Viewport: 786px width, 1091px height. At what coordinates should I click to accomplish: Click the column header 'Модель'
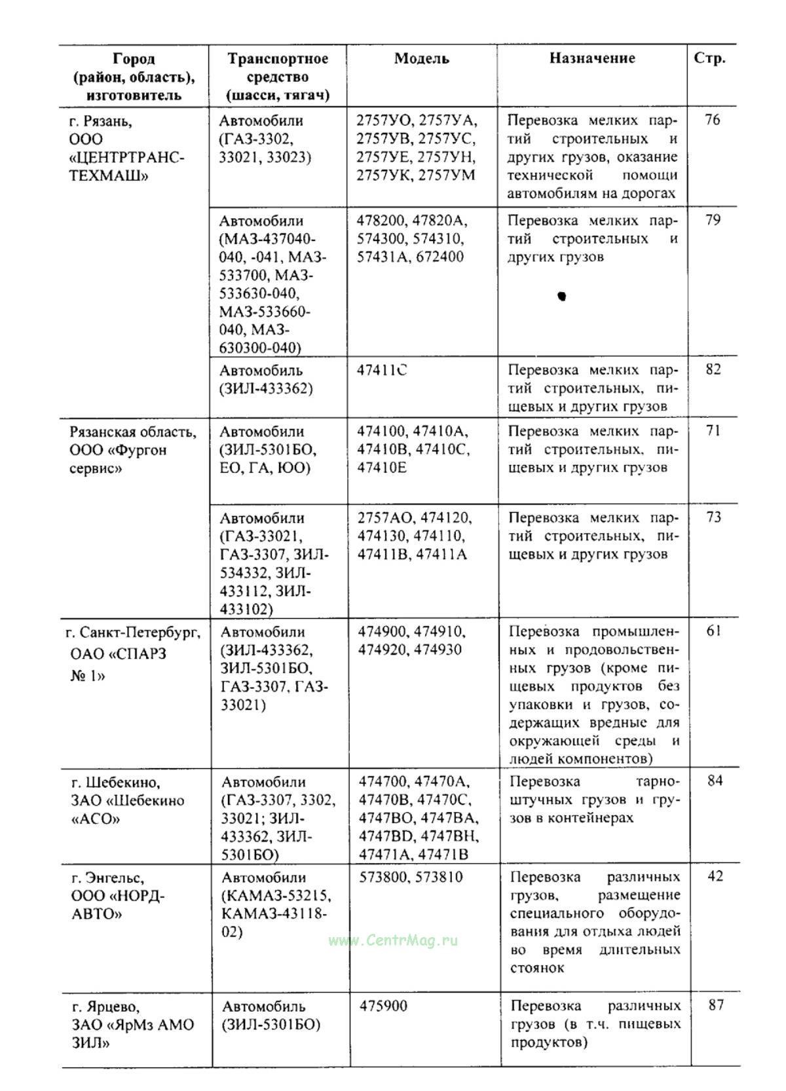(421, 59)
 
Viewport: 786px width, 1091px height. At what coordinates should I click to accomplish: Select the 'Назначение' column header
(591, 58)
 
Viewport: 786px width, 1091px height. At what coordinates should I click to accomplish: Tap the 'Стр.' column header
(709, 58)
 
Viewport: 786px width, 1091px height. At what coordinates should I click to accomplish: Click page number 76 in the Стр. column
(712, 120)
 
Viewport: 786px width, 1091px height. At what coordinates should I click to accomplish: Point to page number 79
(713, 220)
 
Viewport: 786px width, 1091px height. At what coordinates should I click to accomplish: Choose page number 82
(713, 369)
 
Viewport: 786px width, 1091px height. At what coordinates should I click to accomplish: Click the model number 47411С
(381, 370)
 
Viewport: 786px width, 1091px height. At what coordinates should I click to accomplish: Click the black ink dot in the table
(561, 296)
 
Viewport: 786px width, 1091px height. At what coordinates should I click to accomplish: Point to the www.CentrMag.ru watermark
(393, 940)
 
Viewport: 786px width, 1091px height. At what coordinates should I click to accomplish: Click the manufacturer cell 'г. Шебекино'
(128, 800)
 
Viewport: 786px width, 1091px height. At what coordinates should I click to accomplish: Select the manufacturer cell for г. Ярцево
(132, 1024)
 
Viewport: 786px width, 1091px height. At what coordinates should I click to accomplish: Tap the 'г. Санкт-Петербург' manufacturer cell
(133, 654)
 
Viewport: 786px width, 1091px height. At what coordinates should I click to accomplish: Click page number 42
(715, 876)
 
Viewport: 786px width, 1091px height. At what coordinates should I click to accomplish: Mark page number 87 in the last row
(716, 1005)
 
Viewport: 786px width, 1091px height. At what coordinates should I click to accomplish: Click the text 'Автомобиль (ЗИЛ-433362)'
(266, 380)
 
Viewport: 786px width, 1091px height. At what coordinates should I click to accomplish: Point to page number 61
(714, 631)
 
